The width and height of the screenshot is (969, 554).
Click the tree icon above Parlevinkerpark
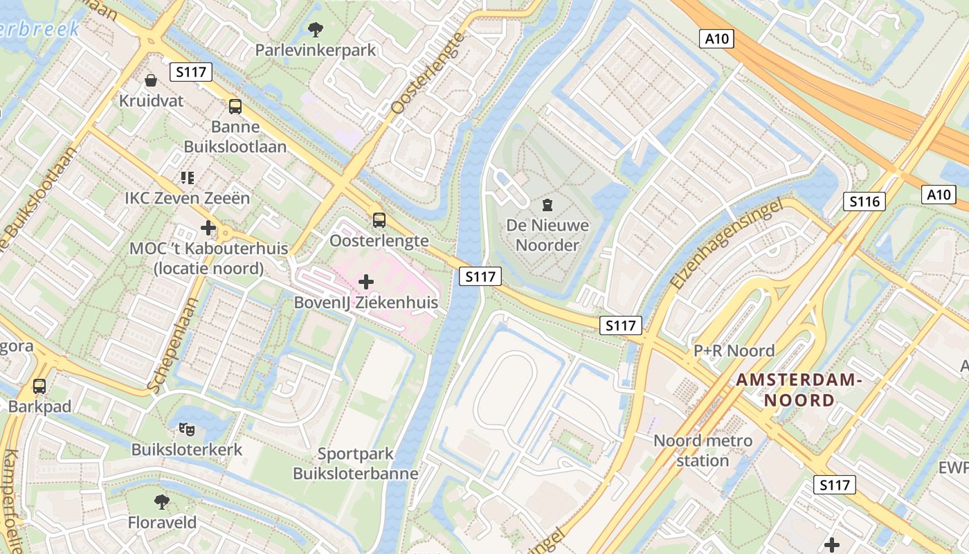click(316, 29)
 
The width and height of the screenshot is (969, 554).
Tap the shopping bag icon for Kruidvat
click(150, 80)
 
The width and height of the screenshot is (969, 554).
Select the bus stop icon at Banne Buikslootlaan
click(235, 106)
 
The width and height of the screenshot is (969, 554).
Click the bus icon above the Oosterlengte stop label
click(379, 220)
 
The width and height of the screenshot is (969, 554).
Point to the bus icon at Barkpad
click(39, 386)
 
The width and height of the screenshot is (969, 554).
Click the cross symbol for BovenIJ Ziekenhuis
click(366, 282)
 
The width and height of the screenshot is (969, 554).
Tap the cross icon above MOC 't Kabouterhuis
click(208, 227)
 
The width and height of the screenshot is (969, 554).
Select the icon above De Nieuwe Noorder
click(547, 204)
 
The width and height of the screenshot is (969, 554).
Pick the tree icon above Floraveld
click(162, 501)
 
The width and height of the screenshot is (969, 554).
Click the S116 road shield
click(864, 202)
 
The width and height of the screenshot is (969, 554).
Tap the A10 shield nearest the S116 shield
click(939, 195)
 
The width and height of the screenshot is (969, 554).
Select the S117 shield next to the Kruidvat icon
click(190, 72)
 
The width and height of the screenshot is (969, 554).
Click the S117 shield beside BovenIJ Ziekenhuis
click(480, 276)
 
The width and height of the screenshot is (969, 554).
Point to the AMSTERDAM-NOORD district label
click(799, 390)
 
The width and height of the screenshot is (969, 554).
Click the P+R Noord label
click(734, 351)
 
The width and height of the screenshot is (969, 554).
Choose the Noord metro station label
click(703, 451)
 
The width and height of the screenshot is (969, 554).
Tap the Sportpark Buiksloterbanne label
click(356, 464)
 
